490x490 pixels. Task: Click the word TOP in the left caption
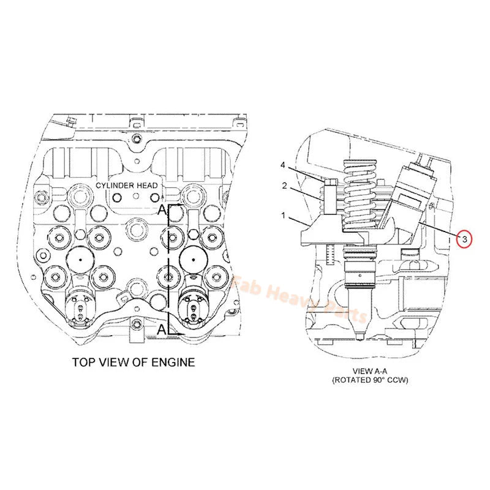pyautogui.click(x=85, y=362)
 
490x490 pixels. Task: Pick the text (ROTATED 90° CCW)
pyautogui.click(x=370, y=380)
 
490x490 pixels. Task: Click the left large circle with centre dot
pyautogui.click(x=80, y=260)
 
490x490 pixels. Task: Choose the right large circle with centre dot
pyautogui.click(x=193, y=260)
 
